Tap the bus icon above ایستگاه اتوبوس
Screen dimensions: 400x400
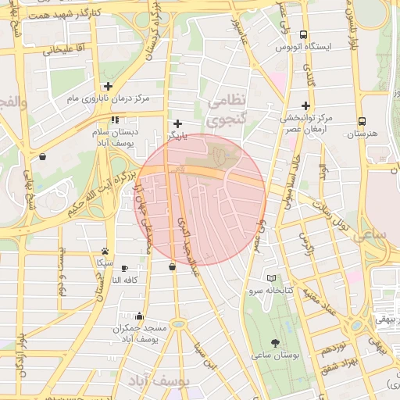click(x=304, y=34)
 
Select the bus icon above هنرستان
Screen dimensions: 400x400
click(x=362, y=121)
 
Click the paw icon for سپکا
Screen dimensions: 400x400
click(x=105, y=252)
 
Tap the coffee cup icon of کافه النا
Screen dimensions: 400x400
click(x=125, y=268)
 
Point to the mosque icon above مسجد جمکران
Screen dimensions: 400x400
click(x=139, y=316)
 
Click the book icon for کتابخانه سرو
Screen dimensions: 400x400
click(x=271, y=278)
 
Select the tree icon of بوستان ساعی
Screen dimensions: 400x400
click(x=275, y=342)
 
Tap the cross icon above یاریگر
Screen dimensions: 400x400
click(x=178, y=123)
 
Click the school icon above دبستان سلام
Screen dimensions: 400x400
click(x=116, y=120)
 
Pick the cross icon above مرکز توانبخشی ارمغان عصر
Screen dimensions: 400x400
click(x=305, y=105)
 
